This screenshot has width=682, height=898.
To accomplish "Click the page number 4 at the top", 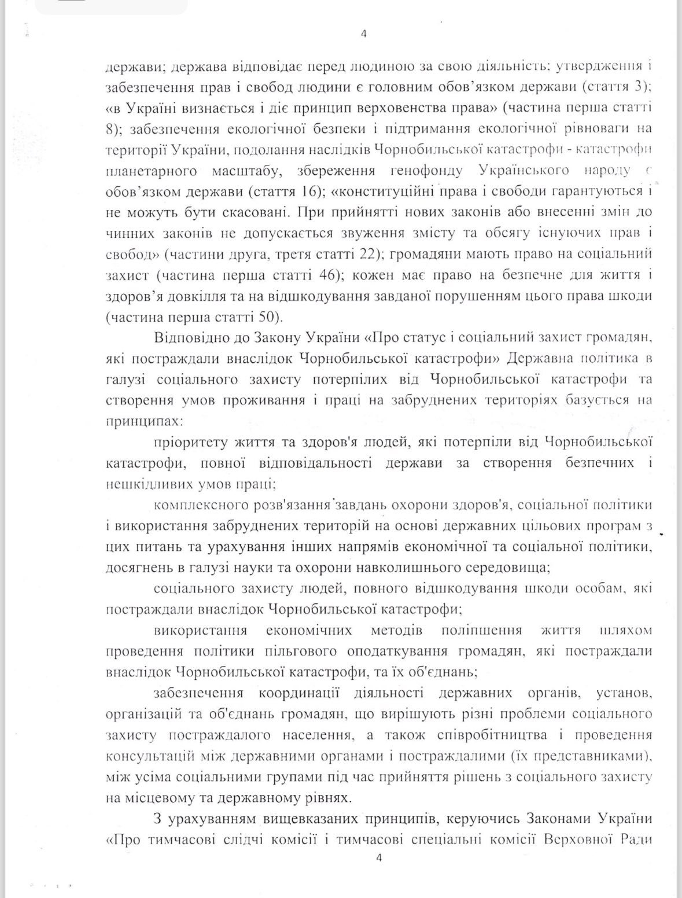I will pyautogui.click(x=363, y=34).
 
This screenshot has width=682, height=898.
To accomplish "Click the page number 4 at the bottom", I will pyautogui.click(x=379, y=859).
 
